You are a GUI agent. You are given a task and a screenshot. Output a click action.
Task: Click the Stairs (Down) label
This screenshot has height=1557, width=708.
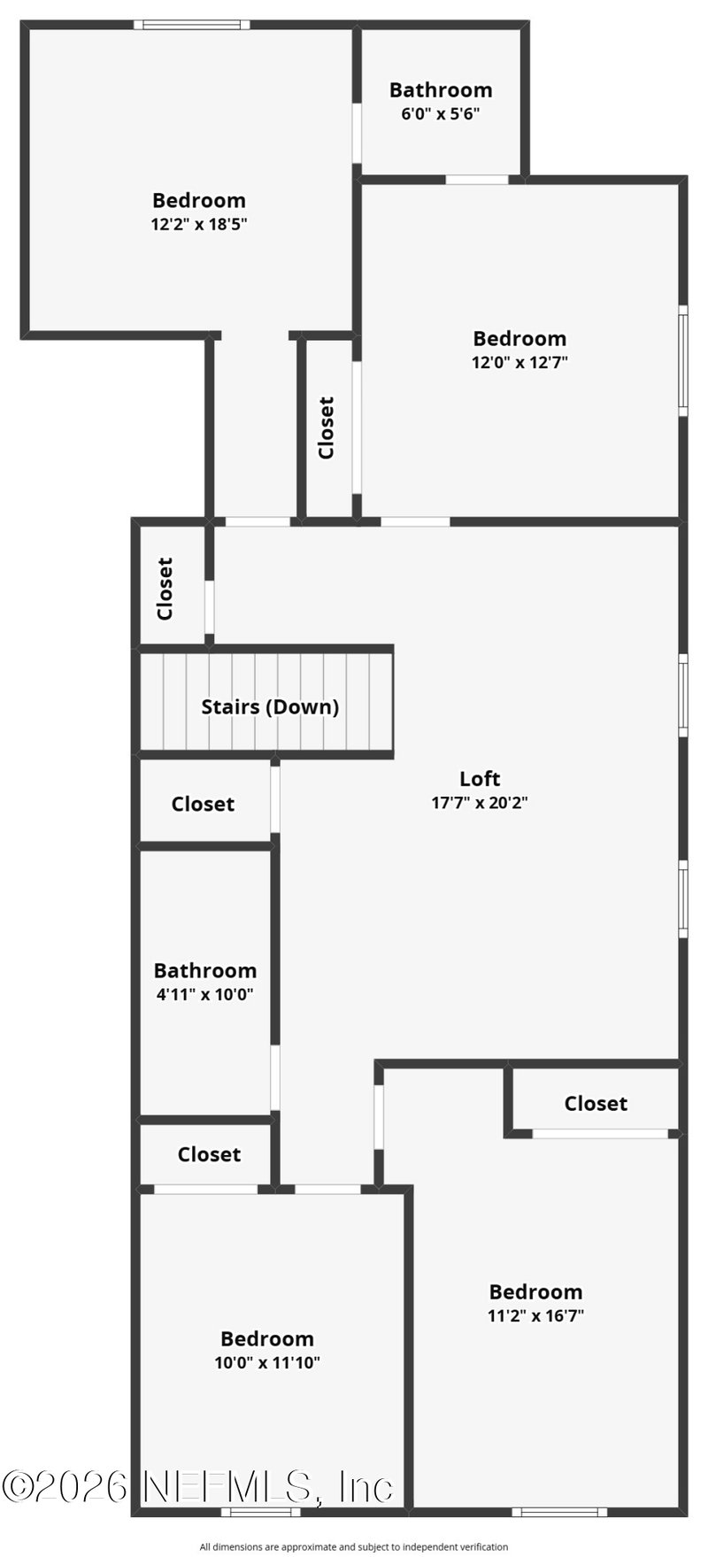click(270, 706)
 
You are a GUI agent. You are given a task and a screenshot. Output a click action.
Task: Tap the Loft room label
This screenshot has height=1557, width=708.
click(480, 779)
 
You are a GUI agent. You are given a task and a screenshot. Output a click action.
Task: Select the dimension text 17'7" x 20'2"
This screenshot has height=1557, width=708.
click(480, 803)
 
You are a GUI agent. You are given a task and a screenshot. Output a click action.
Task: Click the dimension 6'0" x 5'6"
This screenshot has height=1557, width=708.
click(441, 113)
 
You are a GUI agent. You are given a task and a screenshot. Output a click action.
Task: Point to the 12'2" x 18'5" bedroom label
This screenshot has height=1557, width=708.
click(198, 200)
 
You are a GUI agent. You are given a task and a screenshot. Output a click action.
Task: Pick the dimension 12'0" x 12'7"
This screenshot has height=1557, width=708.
click(519, 362)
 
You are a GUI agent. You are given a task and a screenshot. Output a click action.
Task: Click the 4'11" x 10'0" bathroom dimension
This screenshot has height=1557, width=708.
click(205, 994)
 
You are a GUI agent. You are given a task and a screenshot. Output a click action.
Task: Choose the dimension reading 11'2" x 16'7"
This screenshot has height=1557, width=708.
click(535, 1315)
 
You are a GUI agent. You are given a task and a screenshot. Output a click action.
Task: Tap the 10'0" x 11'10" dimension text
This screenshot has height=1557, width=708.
click(267, 1362)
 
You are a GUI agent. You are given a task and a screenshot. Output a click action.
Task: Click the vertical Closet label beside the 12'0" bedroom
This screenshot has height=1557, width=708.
click(327, 428)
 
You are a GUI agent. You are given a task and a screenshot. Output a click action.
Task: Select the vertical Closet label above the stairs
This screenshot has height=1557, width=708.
click(165, 589)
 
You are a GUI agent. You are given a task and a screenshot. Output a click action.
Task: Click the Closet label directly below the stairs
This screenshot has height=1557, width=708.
click(203, 804)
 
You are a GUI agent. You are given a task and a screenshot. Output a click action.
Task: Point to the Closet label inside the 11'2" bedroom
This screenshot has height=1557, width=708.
click(596, 1103)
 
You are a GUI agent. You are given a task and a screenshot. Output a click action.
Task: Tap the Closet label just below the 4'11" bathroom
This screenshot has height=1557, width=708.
click(209, 1154)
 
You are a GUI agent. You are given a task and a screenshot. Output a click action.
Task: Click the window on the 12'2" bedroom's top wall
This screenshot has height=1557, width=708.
click(192, 25)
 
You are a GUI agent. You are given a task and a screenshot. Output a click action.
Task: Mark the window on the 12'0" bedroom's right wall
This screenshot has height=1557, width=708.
click(683, 359)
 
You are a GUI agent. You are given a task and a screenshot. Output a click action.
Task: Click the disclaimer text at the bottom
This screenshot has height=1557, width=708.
click(354, 1547)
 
